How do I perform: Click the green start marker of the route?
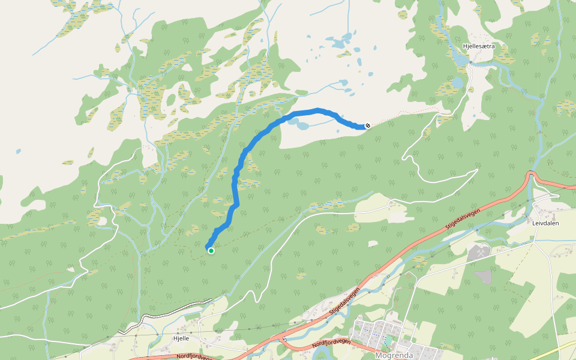(211, 250)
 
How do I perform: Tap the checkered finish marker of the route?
(367, 125)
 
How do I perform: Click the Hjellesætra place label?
(478, 46)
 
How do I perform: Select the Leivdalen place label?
(545, 221)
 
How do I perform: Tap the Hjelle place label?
(181, 338)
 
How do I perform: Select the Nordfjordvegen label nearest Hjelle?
(195, 356)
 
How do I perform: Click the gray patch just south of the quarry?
(484, 276)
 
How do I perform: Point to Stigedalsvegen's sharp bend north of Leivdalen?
(530, 175)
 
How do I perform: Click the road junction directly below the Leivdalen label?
(533, 242)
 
